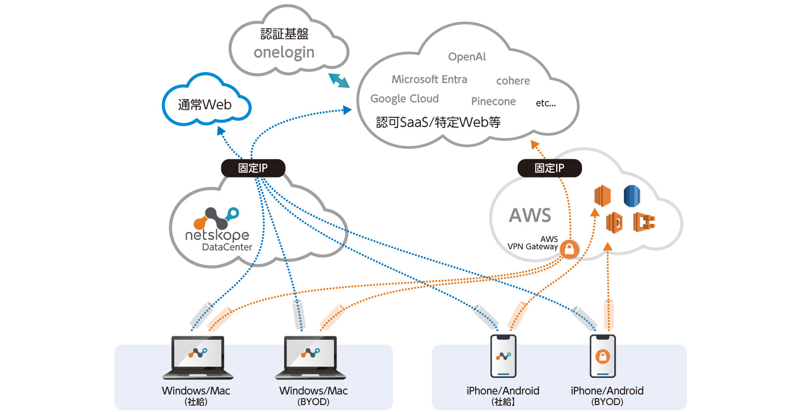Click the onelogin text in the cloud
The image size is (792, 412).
[284, 52]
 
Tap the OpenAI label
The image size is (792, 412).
[467, 57]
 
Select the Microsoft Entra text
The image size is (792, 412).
[429, 80]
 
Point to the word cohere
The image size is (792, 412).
[513, 81]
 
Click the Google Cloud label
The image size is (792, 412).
[404, 99]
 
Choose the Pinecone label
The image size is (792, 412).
[493, 101]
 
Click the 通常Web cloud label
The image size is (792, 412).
[204, 105]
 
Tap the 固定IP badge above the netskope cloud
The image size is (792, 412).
[253, 168]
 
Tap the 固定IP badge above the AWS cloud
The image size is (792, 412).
[549, 168]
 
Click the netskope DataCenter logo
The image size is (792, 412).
[218, 229]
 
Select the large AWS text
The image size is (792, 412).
[530, 216]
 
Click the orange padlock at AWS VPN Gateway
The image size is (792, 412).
[569, 249]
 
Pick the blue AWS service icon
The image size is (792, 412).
[632, 196]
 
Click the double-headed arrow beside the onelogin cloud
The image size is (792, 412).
[339, 80]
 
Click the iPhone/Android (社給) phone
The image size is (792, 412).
[503, 356]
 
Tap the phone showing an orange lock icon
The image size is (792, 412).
[602, 356]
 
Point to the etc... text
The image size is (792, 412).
[545, 103]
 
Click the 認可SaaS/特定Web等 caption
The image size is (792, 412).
[438, 122]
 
